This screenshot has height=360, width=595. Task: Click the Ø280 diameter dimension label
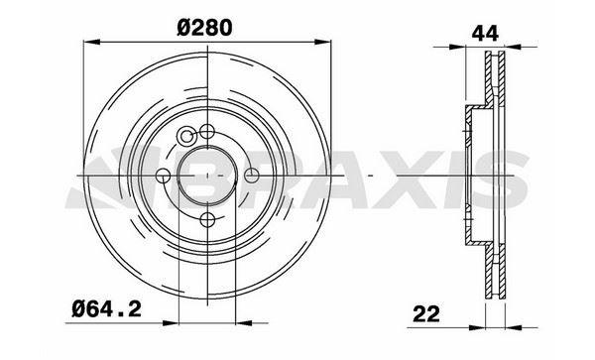tap(204, 28)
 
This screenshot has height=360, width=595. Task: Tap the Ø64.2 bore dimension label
tap(107, 309)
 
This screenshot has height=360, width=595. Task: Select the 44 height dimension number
tap(485, 34)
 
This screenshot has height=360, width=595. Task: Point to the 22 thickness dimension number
tap(426, 313)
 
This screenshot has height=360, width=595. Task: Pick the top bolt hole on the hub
tap(207, 132)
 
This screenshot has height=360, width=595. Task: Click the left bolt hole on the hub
tap(164, 176)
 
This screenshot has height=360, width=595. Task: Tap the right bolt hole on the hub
tap(251, 176)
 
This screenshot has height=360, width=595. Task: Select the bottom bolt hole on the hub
tap(207, 219)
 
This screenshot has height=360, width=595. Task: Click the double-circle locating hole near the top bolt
tap(186, 136)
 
